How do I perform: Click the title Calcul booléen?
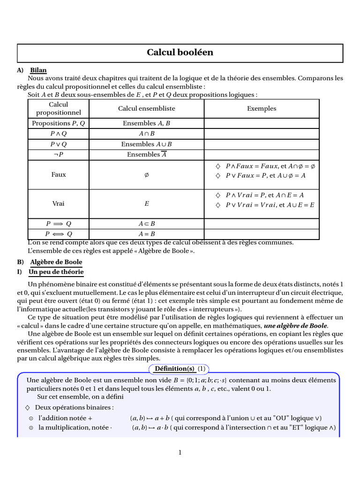[180, 52]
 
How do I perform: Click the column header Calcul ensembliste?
[146, 108]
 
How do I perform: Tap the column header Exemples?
[262, 108]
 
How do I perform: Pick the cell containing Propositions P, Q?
[59, 123]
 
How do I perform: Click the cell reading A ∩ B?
[146, 134]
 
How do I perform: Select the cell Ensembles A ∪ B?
[146, 144]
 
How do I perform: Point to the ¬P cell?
[59, 154]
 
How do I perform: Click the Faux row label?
[59, 174]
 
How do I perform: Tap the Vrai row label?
[59, 204]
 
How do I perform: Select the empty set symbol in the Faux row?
[146, 174]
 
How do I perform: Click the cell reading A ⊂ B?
[146, 224]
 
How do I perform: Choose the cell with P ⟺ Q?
[59, 233]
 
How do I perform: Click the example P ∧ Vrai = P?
[247, 195]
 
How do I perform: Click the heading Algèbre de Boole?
[56, 262]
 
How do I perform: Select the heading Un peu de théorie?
[56, 272]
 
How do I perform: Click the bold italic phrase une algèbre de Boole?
[296, 325]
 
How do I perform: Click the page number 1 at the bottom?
[180, 452]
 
